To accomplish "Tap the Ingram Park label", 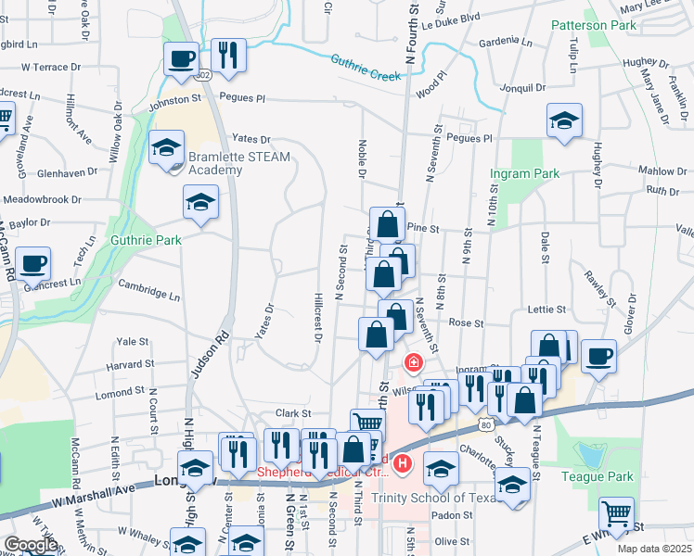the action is coord(526,173).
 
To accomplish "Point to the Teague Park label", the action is coord(598,477).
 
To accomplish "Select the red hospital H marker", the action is coord(402,462).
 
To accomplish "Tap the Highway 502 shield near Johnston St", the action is coord(204,74).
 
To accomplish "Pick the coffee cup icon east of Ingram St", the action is coord(598,356).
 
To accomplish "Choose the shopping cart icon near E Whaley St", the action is coord(616,512).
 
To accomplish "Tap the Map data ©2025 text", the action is coord(653,549).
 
